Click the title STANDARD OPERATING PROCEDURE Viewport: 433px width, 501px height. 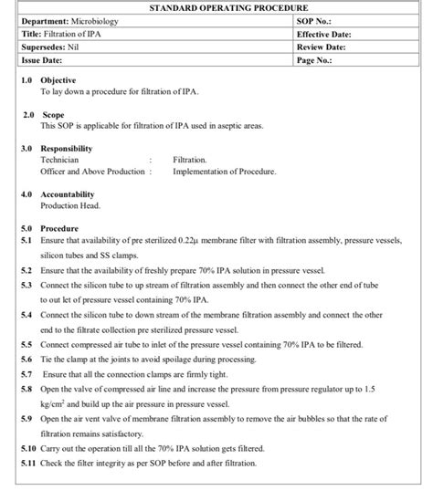[216, 7]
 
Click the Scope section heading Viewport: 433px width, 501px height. [53, 116]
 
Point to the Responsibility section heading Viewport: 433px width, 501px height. [67, 147]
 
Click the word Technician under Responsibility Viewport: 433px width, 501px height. [59, 159]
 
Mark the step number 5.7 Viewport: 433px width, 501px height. [26, 372]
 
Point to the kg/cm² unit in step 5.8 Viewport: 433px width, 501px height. [56, 402]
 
